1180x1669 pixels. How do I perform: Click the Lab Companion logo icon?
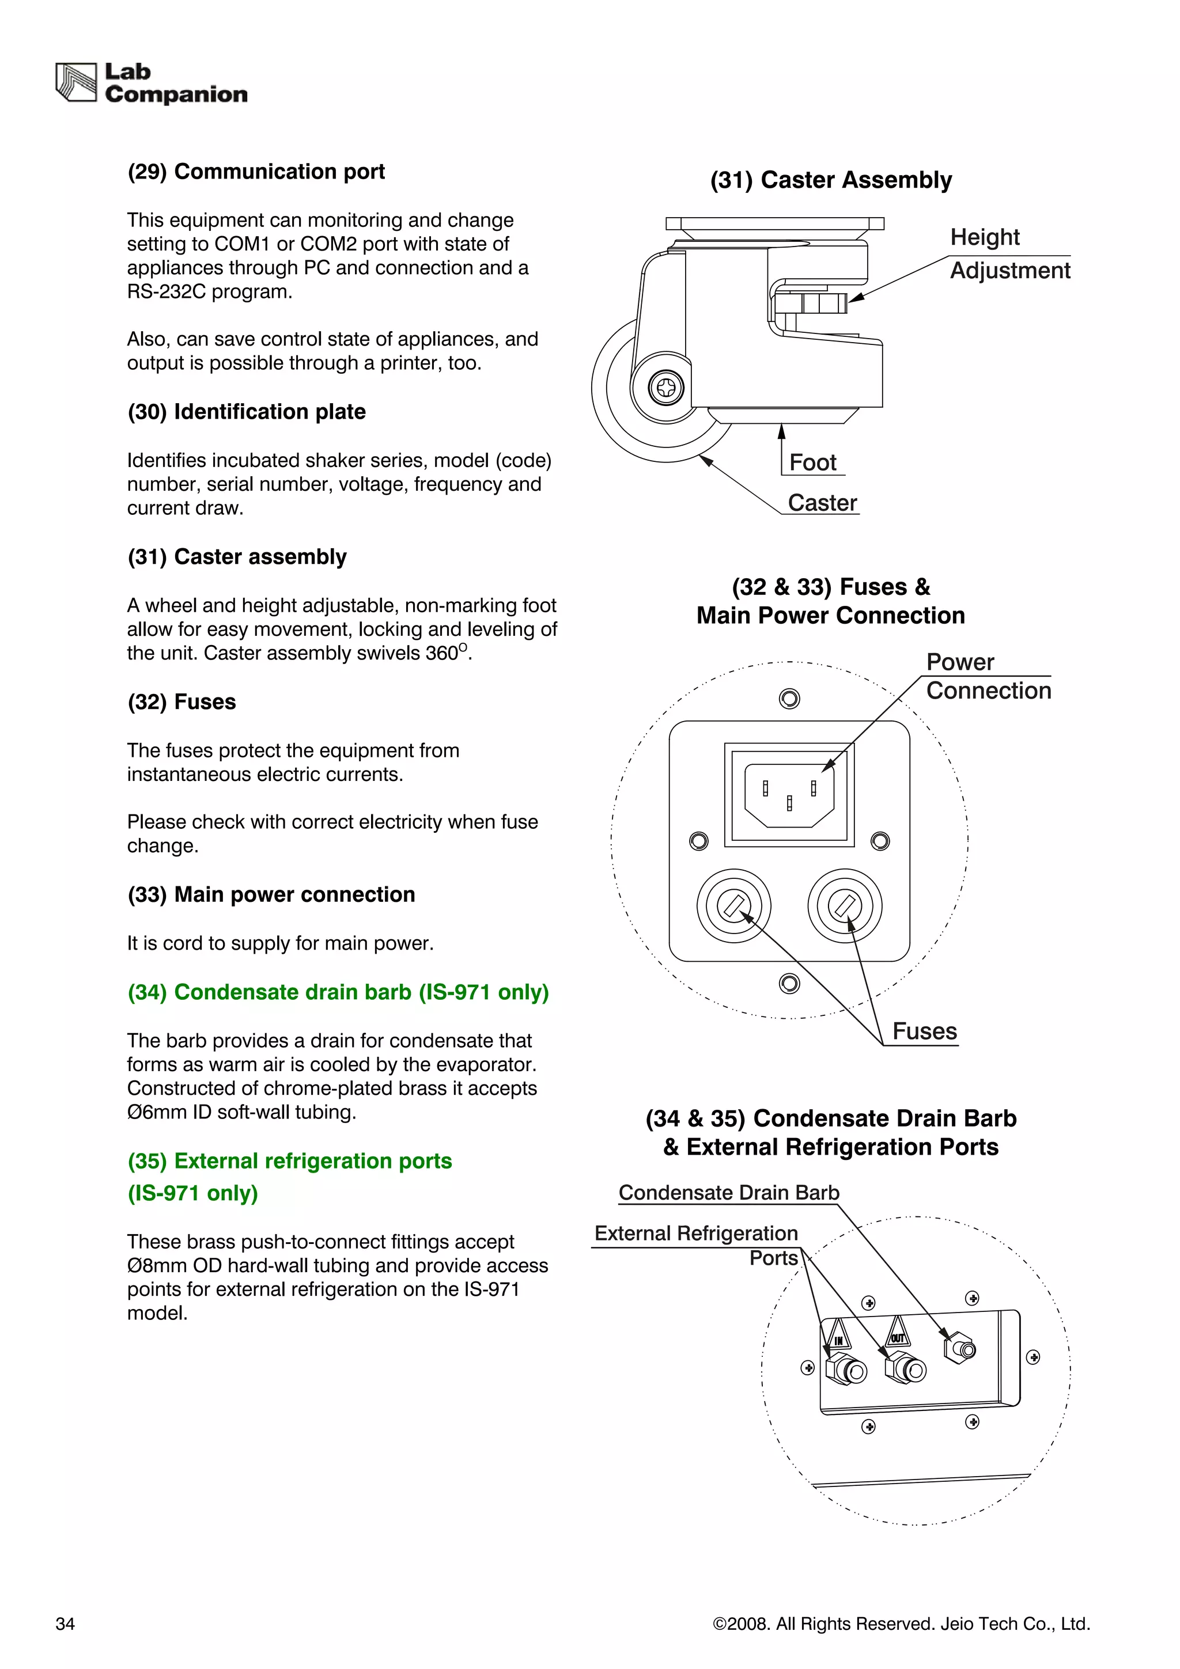point(75,82)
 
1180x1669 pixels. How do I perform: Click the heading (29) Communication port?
point(256,172)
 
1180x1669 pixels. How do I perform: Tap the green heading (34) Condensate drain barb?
point(338,992)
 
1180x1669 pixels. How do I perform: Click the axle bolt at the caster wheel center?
point(666,388)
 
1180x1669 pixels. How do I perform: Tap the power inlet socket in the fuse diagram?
point(789,795)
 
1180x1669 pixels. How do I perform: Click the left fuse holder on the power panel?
point(733,906)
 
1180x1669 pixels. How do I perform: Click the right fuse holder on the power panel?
point(844,906)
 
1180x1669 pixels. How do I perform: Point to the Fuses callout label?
point(924,1031)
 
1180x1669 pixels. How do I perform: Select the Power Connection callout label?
point(988,676)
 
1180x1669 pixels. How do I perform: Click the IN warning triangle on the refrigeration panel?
point(838,1336)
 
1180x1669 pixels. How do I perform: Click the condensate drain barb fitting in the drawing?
point(960,1350)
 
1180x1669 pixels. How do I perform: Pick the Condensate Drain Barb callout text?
point(728,1193)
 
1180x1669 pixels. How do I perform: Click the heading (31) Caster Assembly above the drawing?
point(830,180)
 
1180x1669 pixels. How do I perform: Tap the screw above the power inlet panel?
point(789,699)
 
